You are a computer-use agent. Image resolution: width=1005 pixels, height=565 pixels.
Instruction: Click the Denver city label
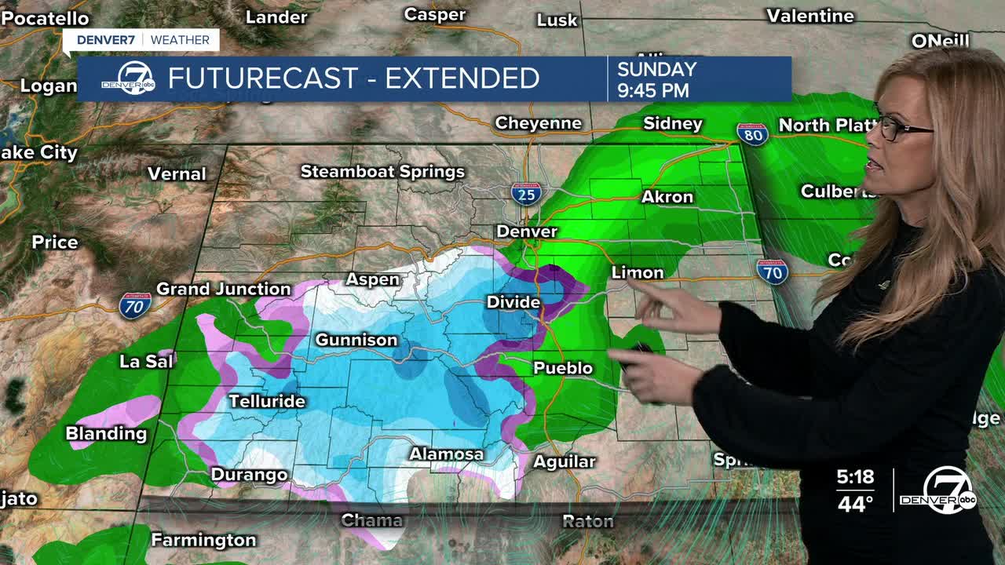(526, 231)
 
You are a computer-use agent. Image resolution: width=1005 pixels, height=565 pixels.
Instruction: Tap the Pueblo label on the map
(562, 368)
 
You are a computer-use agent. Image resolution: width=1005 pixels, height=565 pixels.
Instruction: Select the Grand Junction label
(223, 289)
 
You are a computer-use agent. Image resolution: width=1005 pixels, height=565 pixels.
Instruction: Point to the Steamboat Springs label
(382, 171)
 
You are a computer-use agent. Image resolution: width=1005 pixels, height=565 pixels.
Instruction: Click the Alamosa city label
(446, 454)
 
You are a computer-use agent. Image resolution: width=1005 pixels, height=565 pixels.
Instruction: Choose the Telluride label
(266, 401)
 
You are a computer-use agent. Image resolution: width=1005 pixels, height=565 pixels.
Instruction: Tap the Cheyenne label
(538, 123)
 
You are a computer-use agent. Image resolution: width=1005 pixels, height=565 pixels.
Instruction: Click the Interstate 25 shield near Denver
(526, 193)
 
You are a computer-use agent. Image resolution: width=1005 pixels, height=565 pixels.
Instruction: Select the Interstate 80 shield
(751, 133)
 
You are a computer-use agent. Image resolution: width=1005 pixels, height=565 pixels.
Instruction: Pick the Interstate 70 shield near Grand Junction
(135, 305)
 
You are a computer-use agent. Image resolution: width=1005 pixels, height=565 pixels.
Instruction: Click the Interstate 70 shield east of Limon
(772, 272)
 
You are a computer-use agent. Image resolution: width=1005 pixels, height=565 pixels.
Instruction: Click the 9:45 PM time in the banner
(652, 90)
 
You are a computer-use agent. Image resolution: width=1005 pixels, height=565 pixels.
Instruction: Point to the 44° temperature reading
(855, 503)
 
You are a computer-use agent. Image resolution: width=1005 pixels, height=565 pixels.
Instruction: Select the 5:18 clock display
(855, 477)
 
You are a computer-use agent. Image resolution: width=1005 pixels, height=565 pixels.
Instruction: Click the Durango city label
(249, 475)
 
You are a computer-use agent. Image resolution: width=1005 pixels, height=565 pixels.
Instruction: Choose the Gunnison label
(356, 340)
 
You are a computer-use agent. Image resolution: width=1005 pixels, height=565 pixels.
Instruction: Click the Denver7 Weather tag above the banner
(142, 40)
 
